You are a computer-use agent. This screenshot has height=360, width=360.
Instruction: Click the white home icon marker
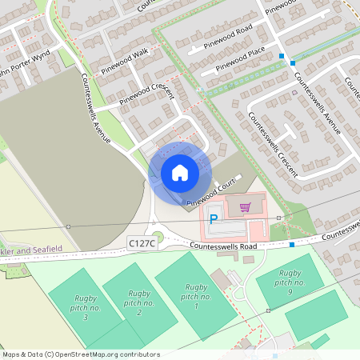click(180, 172)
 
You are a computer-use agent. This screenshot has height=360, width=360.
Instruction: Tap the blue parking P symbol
click(214, 218)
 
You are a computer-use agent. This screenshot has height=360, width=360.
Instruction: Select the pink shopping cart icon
click(245, 207)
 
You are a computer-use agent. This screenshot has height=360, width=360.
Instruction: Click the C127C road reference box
click(141, 242)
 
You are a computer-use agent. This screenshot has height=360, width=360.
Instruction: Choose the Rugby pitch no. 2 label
click(138, 302)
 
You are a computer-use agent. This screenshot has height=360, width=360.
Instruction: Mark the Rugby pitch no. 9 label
click(289, 282)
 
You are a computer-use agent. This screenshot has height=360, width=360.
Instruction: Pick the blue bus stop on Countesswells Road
click(292, 243)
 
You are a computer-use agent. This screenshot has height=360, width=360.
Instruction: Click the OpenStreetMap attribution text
click(80, 354)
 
